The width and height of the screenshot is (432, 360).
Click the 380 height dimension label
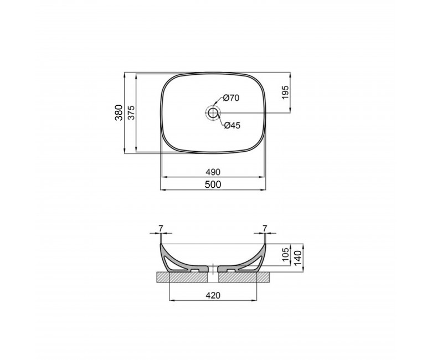[x=119, y=112]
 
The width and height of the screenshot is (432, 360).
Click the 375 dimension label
[x=132, y=112]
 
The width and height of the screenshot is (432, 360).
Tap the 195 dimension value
[x=285, y=92]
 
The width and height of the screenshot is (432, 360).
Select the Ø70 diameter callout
[x=231, y=98]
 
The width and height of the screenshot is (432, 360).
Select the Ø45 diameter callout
[x=232, y=125]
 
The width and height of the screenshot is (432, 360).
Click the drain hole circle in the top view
[x=213, y=112]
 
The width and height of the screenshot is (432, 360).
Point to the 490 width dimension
[x=213, y=172]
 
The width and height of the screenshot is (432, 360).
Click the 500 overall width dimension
[x=213, y=184]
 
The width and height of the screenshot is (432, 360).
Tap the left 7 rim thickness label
[x=161, y=228]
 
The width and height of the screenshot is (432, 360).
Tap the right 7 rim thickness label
[x=265, y=228]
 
